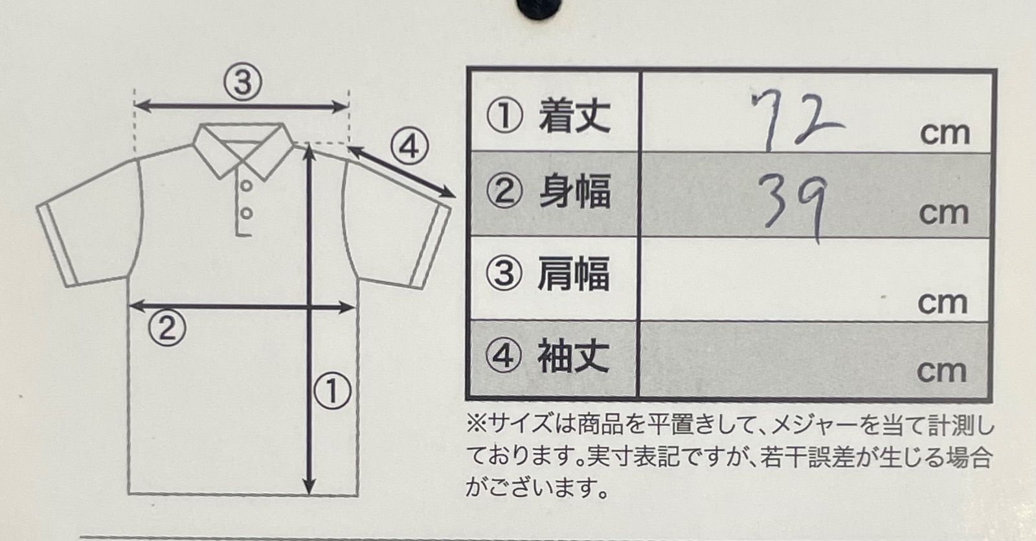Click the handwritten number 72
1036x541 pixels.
796,121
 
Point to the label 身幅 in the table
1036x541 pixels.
575,190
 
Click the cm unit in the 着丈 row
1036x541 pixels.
945,133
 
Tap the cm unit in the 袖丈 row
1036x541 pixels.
941,372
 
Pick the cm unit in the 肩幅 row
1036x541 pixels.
943,303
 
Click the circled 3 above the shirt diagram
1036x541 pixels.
243,82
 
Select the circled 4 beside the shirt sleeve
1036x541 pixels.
409,147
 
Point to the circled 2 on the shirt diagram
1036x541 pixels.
167,328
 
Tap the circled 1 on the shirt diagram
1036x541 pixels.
333,391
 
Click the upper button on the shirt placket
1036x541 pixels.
247,185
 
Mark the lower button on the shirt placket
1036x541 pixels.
247,214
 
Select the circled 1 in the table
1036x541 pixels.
504,116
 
